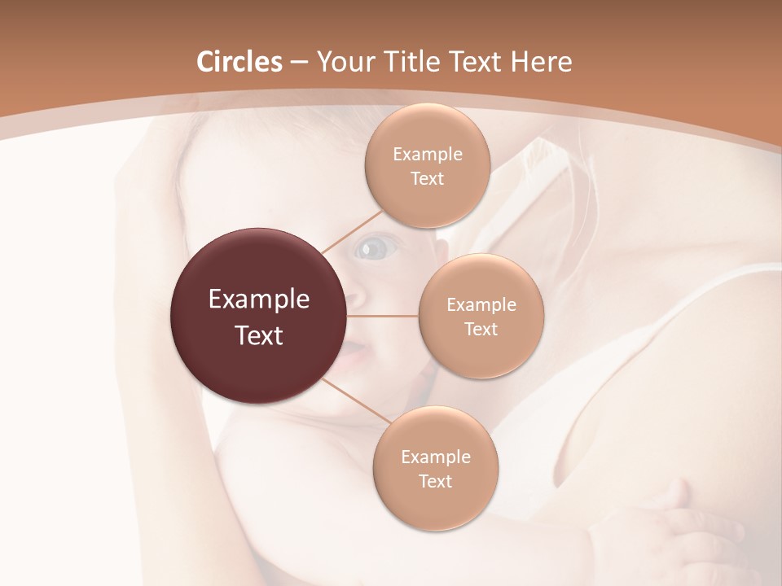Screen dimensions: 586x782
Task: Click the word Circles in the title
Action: [239, 62]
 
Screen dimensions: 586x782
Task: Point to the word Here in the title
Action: [540, 62]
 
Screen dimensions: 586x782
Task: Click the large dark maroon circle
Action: [259, 316]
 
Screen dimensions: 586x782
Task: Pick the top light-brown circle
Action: [427, 166]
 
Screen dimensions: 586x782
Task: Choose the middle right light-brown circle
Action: [481, 316]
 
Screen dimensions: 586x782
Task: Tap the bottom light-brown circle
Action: [435, 468]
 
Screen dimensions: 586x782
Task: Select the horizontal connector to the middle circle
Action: [382, 316]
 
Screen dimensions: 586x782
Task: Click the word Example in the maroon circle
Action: [259, 300]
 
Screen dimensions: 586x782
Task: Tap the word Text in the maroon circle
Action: [259, 335]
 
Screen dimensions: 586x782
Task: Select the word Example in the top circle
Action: [427, 155]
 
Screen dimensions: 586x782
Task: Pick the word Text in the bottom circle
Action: [435, 481]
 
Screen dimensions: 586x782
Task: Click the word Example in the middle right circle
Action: [481, 305]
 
